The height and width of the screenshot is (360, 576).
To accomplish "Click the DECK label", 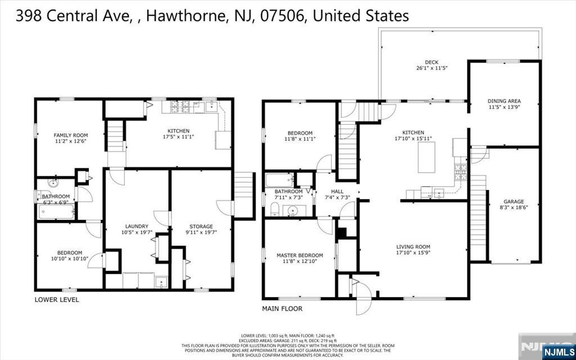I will click(x=431, y=62).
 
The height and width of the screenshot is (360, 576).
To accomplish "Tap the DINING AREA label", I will click(x=504, y=101).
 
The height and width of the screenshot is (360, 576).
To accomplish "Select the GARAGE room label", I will click(x=514, y=201).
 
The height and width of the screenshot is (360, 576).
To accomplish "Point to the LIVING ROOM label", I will click(x=413, y=246).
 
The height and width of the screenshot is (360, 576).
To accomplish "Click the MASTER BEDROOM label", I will click(x=299, y=255).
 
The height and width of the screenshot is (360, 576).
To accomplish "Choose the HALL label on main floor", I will click(x=337, y=191).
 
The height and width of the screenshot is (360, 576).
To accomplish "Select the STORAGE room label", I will click(x=201, y=226).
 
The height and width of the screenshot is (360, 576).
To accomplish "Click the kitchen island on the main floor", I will click(x=427, y=157).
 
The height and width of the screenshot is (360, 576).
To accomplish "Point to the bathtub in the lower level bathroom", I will click(x=56, y=212).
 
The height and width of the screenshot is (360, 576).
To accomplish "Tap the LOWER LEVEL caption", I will click(x=57, y=300).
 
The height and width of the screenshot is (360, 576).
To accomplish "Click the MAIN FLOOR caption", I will click(x=282, y=309).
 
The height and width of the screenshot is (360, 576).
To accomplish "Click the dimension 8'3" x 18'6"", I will click(x=514, y=207).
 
